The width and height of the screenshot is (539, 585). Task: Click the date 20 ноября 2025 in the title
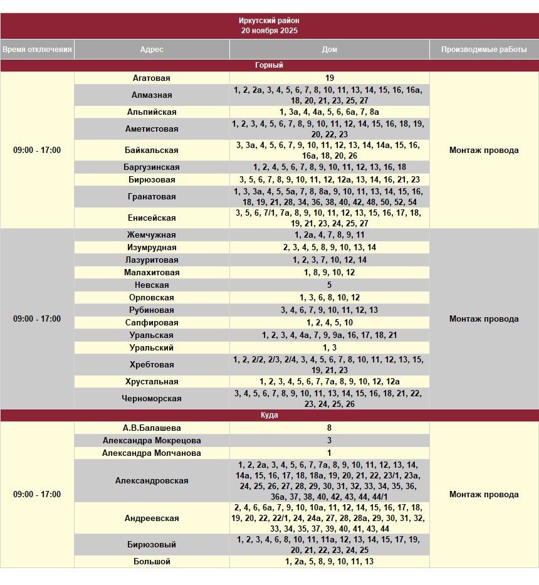tap(269, 30)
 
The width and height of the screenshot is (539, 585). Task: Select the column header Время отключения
tap(37, 50)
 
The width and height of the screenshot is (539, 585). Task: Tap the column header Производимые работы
tap(484, 50)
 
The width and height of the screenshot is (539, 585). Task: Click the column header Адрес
tap(152, 50)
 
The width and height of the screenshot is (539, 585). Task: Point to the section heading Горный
tap(269, 65)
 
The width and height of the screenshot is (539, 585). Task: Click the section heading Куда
tap(269, 415)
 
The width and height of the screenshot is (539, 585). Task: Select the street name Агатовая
tap(152, 78)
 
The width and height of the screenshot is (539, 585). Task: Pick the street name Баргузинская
tap(152, 167)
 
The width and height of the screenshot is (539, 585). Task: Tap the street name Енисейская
tap(152, 218)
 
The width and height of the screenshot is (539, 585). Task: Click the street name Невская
tap(152, 285)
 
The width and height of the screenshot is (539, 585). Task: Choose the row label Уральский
tap(152, 348)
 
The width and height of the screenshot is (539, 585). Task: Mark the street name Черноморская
tap(152, 399)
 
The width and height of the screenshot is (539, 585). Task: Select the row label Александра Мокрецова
tap(152, 441)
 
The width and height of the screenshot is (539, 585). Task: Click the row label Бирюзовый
tap(152, 545)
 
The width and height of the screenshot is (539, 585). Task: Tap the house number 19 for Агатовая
tap(330, 78)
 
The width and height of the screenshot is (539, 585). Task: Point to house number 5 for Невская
tap(330, 285)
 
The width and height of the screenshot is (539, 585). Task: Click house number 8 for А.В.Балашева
tap(330, 428)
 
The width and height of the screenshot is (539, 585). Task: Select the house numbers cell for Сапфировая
tap(330, 323)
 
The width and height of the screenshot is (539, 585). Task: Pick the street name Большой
tap(152, 562)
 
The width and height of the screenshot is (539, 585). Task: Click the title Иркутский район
tap(269, 21)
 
